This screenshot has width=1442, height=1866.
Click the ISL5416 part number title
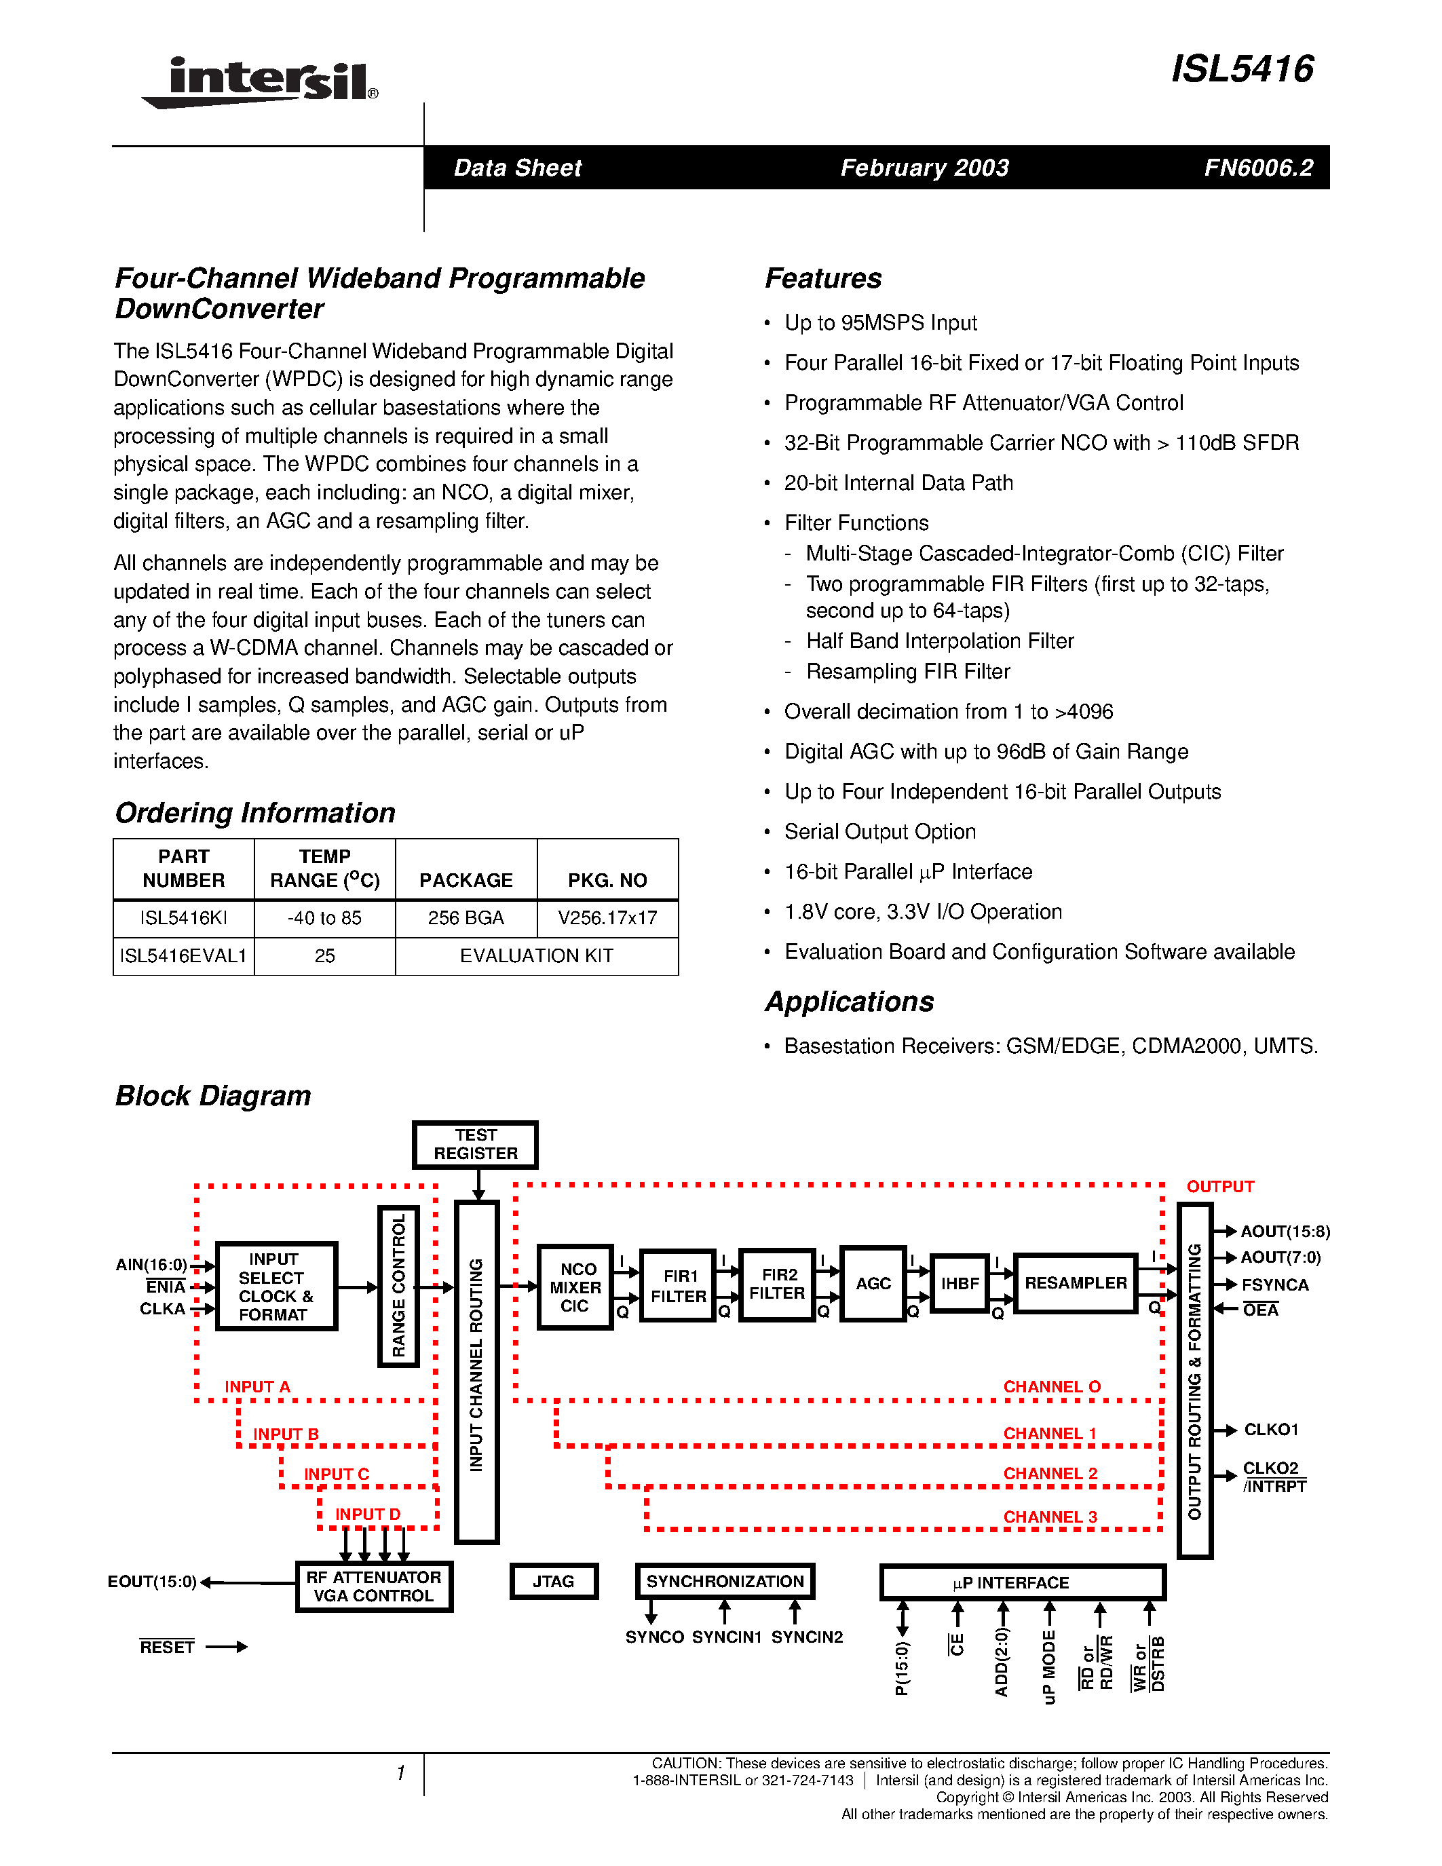[1242, 69]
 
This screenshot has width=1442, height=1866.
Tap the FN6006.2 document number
[1258, 168]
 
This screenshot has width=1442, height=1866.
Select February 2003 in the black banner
[924, 168]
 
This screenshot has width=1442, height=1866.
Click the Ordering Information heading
[254, 812]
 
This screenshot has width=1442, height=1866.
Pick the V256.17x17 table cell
[607, 919]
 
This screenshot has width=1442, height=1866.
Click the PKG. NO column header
[607, 880]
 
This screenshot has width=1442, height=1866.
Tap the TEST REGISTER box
[475, 1144]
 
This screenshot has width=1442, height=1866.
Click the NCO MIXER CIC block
[575, 1287]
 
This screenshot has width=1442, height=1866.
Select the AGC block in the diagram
[873, 1283]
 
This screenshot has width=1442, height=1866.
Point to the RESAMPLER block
[1076, 1283]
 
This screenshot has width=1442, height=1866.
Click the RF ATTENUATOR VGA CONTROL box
[373, 1586]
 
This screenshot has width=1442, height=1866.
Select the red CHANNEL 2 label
[1050, 1474]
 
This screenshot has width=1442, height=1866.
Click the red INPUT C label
[337, 1474]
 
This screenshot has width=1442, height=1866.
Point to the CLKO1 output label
[1271, 1430]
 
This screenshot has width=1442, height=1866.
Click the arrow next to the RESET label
[227, 1646]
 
